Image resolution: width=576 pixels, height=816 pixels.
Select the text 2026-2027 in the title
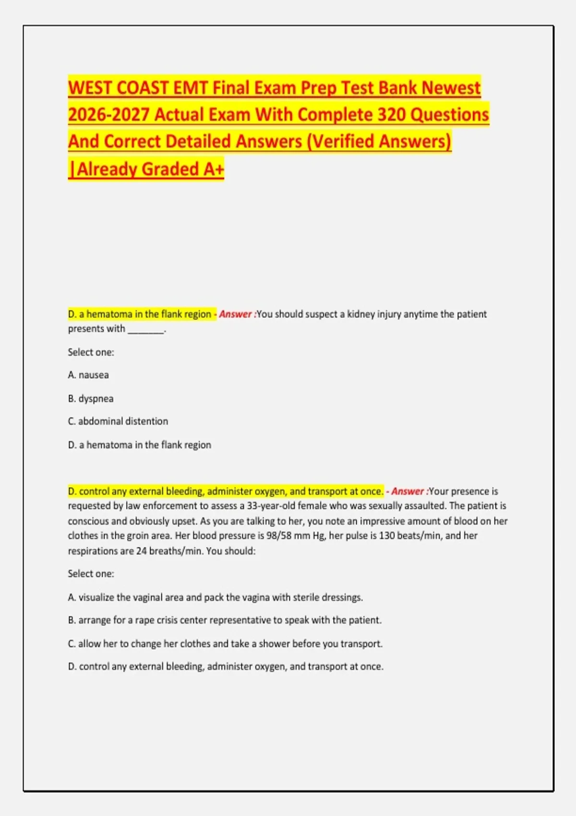point(108,115)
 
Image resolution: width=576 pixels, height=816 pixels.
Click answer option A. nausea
point(88,375)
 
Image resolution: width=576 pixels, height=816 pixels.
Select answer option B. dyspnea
point(91,398)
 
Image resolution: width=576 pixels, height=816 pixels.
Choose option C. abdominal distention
point(118,421)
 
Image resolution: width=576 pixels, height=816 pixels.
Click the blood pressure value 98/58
point(278,536)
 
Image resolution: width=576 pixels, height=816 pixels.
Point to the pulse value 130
point(388,536)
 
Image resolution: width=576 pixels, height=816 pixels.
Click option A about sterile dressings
point(216,598)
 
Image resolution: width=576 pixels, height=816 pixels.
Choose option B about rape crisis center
point(225,620)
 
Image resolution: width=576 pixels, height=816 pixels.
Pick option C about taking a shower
point(225,644)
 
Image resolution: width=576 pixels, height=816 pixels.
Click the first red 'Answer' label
point(236,314)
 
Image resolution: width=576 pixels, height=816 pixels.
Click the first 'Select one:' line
point(91,352)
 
